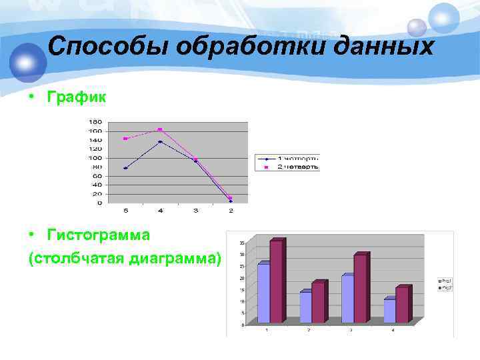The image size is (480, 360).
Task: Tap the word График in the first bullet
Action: pyautogui.click(x=76, y=98)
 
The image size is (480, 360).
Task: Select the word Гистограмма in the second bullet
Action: pyautogui.click(x=99, y=235)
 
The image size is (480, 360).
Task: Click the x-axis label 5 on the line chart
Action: pyautogui.click(x=125, y=211)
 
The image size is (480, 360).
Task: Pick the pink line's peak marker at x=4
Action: pyautogui.click(x=160, y=129)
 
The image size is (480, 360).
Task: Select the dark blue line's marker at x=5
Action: pyautogui.click(x=125, y=168)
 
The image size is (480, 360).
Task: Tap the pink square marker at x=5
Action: pyautogui.click(x=125, y=139)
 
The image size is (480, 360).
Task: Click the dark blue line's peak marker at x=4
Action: pyautogui.click(x=160, y=142)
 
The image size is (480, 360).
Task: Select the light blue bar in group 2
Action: pyautogui.click(x=305, y=307)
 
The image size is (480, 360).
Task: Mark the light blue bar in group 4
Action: pyautogui.click(x=389, y=311)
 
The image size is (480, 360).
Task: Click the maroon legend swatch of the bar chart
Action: pyautogui.click(x=440, y=287)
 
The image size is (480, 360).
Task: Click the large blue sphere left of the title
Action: pyautogui.click(x=27, y=61)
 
